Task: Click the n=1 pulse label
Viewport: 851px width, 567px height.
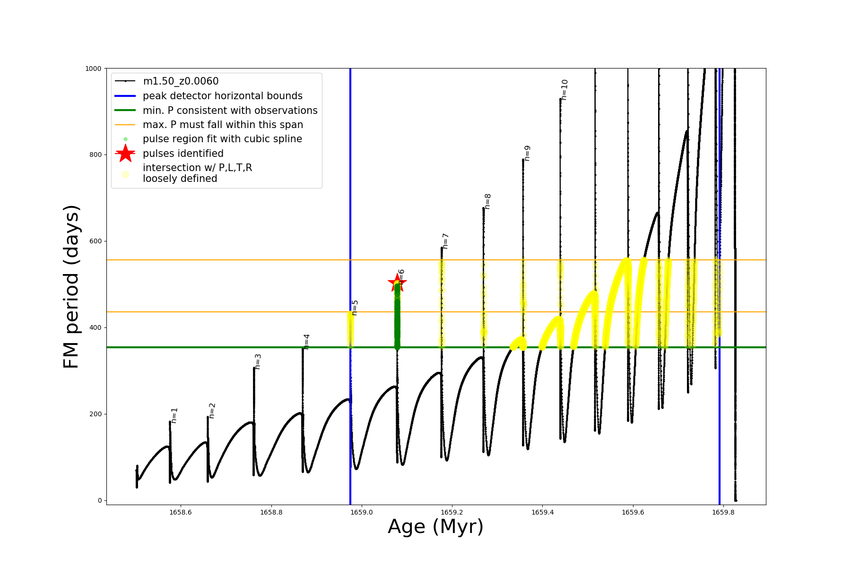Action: coord(174,415)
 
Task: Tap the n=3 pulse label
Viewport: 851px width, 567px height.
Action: coord(258,361)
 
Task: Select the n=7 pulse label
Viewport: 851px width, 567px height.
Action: coord(445,241)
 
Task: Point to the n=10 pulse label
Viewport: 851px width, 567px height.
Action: coord(564,90)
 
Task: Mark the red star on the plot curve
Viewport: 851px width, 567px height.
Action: coord(397,283)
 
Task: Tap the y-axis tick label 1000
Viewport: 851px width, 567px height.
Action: coord(93,69)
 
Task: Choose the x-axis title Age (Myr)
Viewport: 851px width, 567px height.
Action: coord(435,527)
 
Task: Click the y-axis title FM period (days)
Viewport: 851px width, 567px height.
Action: coord(71,287)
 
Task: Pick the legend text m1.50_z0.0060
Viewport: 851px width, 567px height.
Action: coord(181,81)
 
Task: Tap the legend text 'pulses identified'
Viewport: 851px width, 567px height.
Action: coord(183,154)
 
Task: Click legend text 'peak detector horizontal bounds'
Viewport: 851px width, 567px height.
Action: coord(223,96)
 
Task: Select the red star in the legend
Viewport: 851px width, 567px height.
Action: coord(125,154)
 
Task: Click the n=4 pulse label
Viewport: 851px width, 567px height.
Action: coord(307,342)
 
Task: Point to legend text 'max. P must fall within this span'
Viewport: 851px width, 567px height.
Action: coord(223,125)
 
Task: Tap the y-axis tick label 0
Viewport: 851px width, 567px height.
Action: coord(100,500)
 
